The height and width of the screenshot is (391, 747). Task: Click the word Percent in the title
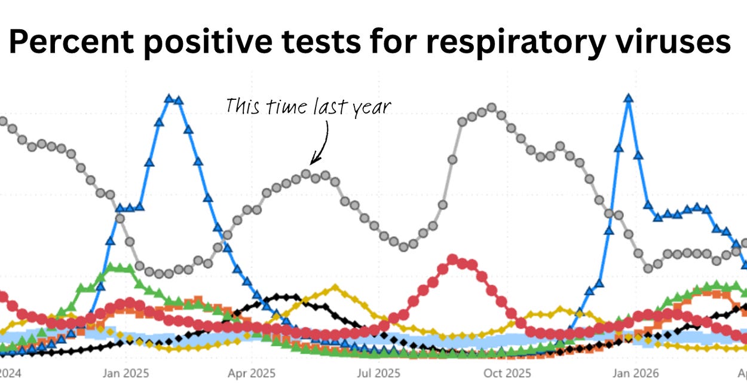(71, 41)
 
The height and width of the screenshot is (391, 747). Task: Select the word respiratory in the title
(516, 44)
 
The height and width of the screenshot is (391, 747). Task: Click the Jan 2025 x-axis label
(125, 373)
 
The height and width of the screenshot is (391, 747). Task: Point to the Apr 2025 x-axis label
(252, 373)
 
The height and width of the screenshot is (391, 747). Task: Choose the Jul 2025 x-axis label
(378, 373)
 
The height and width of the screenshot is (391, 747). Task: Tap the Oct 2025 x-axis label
(507, 373)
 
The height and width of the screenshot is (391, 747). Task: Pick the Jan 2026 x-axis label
(636, 373)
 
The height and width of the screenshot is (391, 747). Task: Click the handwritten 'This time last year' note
(308, 107)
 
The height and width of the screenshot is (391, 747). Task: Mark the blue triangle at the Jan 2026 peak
(629, 98)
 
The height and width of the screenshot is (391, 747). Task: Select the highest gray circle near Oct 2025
(492, 108)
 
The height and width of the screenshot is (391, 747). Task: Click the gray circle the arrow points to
(306, 173)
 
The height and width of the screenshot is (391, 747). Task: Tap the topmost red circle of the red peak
(452, 259)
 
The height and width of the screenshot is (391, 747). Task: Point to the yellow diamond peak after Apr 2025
(335, 287)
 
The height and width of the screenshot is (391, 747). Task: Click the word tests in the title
(321, 41)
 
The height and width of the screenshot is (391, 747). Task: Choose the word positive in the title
(208, 44)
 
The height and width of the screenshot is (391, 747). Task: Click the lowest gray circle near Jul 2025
(403, 247)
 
